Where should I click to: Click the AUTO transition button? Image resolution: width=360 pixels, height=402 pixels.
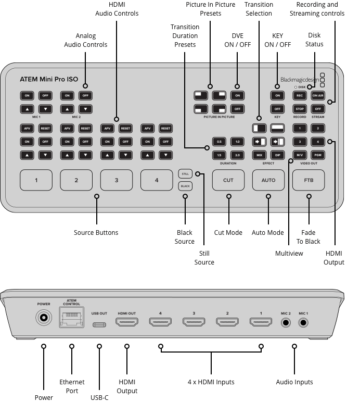point(268,180)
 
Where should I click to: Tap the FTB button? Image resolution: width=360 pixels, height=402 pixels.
point(309,180)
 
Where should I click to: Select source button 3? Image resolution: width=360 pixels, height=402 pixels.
point(116,180)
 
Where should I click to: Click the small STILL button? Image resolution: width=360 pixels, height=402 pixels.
point(185,173)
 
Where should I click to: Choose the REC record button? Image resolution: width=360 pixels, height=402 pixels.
point(300,95)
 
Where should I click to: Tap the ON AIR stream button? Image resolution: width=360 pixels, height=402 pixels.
point(318,95)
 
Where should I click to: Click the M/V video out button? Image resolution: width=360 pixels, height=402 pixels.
point(300,155)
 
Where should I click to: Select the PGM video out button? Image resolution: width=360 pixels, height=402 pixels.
point(318,155)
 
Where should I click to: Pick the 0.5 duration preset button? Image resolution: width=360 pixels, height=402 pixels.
point(219,142)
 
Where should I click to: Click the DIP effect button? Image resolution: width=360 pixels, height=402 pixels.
point(277,155)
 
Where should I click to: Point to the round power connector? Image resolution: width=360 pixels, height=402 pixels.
point(44,317)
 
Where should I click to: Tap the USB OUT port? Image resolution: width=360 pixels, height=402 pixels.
point(99,324)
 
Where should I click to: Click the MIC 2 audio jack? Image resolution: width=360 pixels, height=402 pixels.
point(286,322)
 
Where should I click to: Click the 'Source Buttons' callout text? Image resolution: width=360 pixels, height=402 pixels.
point(96,233)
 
